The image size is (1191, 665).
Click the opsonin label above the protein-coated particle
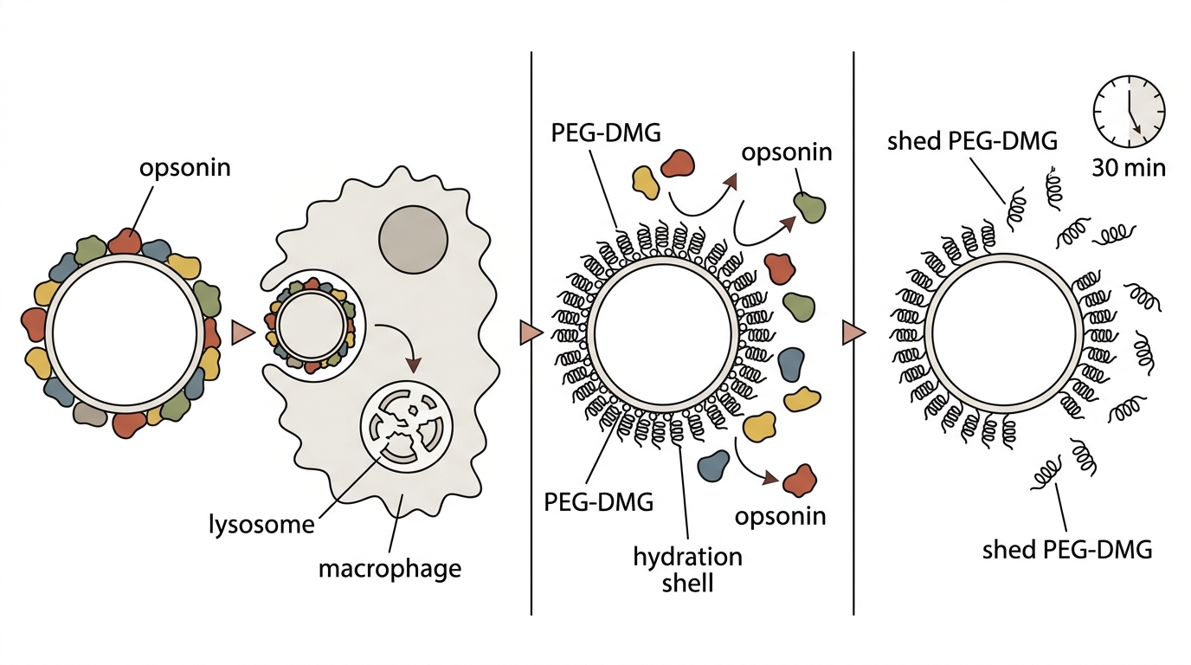185,168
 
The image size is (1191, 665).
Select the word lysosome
261,525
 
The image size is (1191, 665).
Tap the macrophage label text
389,569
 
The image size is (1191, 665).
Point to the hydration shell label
687,571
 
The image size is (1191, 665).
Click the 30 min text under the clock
1129,168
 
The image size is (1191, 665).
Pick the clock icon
1129,111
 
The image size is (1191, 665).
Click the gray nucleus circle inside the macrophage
413,239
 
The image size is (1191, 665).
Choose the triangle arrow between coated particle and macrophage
243,333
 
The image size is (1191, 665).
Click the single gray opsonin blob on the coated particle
87,413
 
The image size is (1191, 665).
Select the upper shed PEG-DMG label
973,141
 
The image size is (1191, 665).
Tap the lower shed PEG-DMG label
1067,550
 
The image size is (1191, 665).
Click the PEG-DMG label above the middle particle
606,132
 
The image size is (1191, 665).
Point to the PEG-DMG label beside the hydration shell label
599,501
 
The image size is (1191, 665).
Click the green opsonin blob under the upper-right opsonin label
809,207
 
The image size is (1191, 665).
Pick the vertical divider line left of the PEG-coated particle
531,333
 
